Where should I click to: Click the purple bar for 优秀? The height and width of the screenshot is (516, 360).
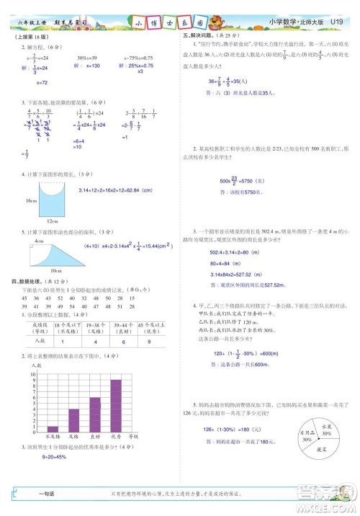click(115, 405)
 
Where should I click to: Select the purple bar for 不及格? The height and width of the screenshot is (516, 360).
click(53, 428)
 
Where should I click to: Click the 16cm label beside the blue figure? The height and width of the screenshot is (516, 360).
click(30, 201)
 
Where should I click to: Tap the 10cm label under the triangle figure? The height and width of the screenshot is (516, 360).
click(55, 270)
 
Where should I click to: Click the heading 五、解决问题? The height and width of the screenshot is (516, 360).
click(198, 35)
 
